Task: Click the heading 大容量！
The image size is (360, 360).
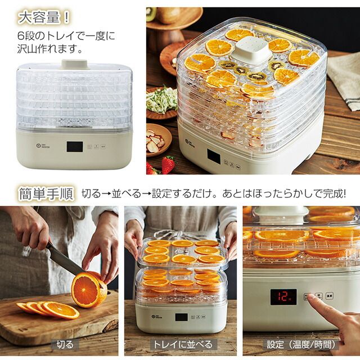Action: click(x=45, y=17)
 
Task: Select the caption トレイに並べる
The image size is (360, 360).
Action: click(x=183, y=344)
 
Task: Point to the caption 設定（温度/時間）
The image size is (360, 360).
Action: click(x=301, y=344)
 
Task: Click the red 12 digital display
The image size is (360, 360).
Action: click(x=283, y=297)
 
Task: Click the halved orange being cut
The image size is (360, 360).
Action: click(x=89, y=290)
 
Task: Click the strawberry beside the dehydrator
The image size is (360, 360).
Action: click(x=167, y=164)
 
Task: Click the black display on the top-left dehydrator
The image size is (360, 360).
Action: click(x=74, y=147)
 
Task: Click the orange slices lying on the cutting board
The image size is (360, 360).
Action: click(x=48, y=309)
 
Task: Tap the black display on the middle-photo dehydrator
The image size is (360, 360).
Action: click(x=181, y=317)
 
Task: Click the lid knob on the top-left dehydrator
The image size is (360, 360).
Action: click(x=75, y=64)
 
